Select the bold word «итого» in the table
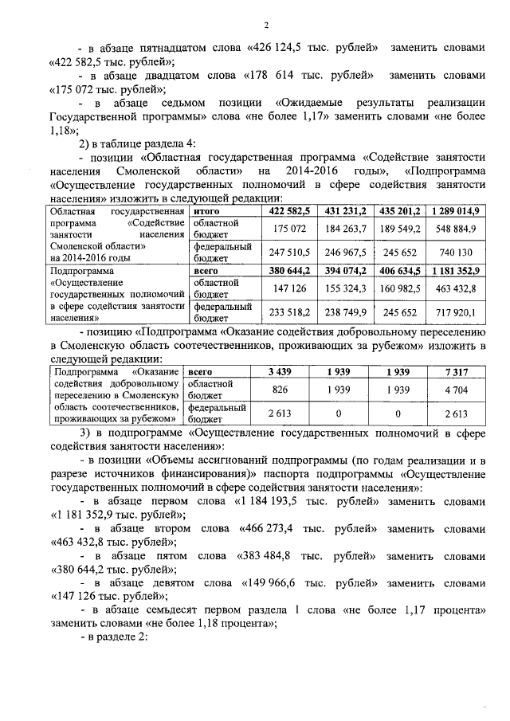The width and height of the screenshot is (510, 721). point(206,210)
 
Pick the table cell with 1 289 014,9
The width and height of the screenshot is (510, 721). point(456,210)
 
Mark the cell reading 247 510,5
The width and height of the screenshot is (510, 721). point(288,253)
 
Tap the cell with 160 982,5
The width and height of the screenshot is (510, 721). point(402,288)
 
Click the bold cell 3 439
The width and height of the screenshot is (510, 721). point(279,372)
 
